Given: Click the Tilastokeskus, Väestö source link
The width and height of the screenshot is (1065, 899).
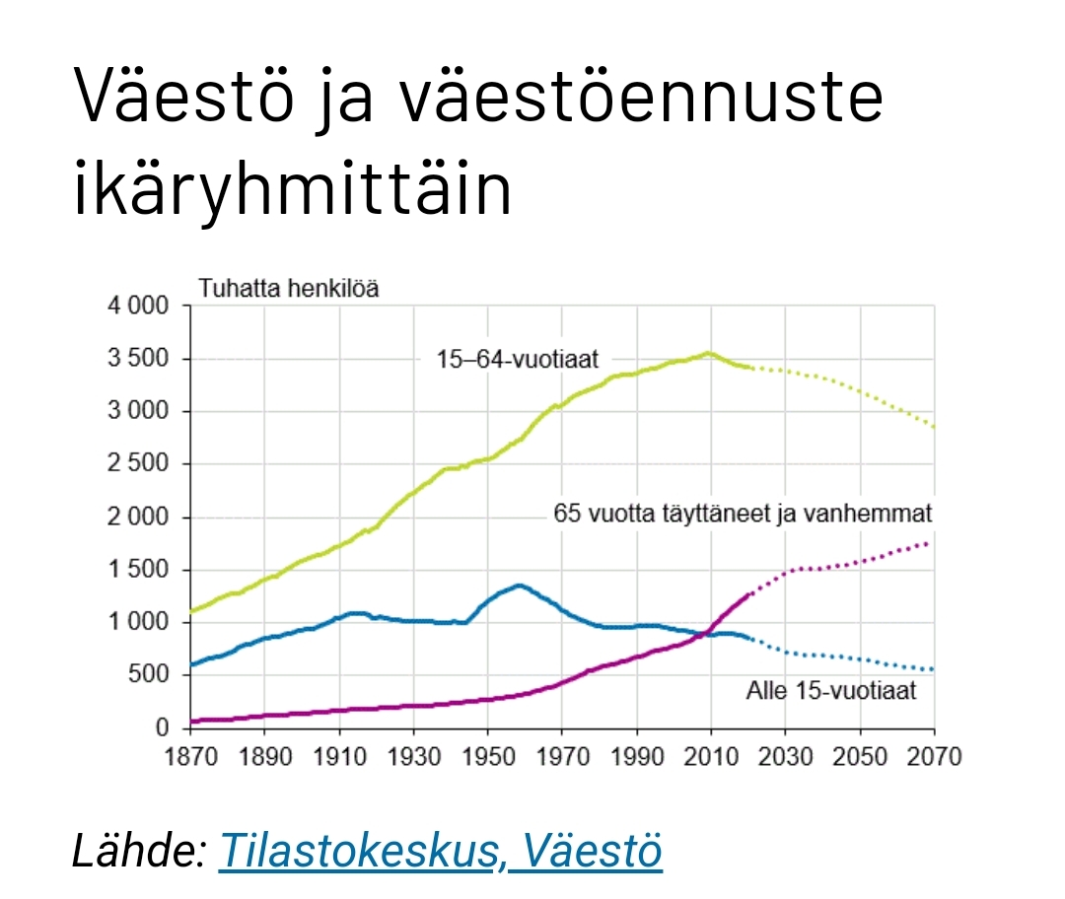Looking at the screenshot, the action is [x=440, y=850].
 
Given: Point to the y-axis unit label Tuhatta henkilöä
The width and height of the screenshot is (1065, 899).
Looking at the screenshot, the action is [x=288, y=289].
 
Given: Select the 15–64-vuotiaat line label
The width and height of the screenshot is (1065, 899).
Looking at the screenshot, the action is [x=518, y=359].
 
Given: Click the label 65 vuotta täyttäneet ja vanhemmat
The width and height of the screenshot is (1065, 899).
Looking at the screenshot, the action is [x=743, y=514].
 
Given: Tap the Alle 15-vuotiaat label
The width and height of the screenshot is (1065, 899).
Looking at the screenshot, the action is [x=831, y=691].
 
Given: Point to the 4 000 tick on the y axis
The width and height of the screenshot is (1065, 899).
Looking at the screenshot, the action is [x=138, y=306].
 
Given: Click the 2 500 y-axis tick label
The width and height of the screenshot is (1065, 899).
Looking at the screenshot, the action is [x=138, y=463].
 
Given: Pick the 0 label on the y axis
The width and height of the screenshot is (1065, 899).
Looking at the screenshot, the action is [x=162, y=727].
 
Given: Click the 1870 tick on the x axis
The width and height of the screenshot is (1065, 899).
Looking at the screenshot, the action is [x=191, y=756].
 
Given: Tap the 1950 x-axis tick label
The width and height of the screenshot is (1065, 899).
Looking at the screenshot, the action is [x=488, y=756].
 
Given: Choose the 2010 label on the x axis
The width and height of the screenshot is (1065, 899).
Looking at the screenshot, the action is [x=711, y=756].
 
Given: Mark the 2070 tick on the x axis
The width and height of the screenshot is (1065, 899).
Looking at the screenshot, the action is [x=935, y=756].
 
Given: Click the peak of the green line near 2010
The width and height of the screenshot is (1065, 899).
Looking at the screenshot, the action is [x=708, y=353].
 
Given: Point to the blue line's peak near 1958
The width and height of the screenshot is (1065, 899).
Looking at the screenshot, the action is [x=519, y=585].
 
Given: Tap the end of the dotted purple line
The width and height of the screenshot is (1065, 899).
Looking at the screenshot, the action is [x=927, y=543].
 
